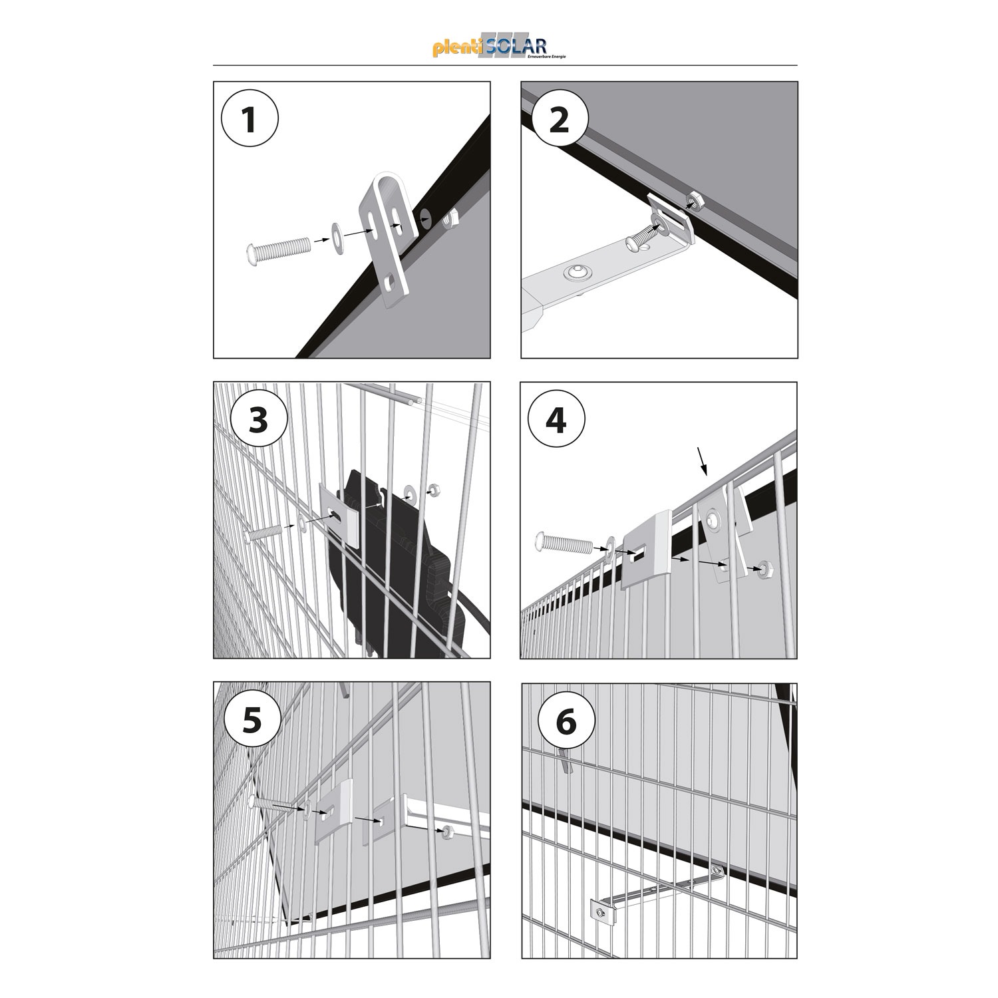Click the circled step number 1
249,121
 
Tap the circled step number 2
559,121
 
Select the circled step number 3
258,420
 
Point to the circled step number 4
556,420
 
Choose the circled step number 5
251,722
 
